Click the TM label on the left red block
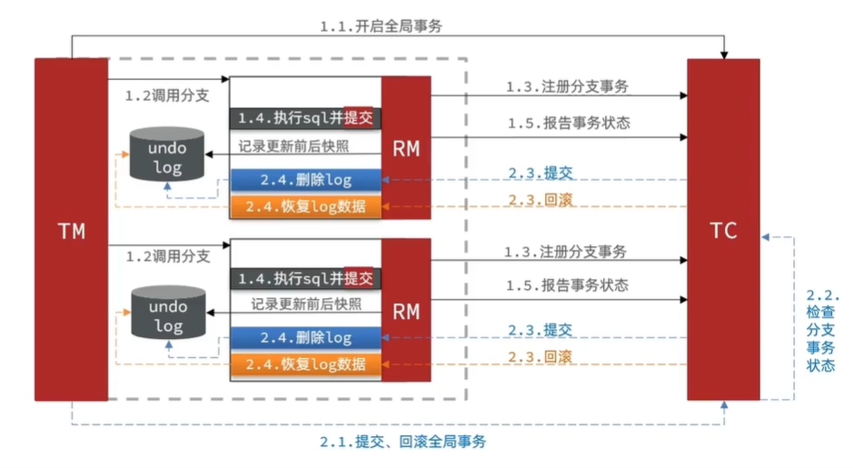point(71,232)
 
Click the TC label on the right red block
point(723,232)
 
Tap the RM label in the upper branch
point(405,148)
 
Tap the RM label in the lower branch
point(405,312)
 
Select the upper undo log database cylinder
point(168,154)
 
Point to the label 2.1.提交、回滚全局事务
point(402,443)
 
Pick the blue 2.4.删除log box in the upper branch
point(305,180)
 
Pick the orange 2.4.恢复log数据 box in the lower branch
point(305,364)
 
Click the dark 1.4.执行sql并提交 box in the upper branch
point(305,117)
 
